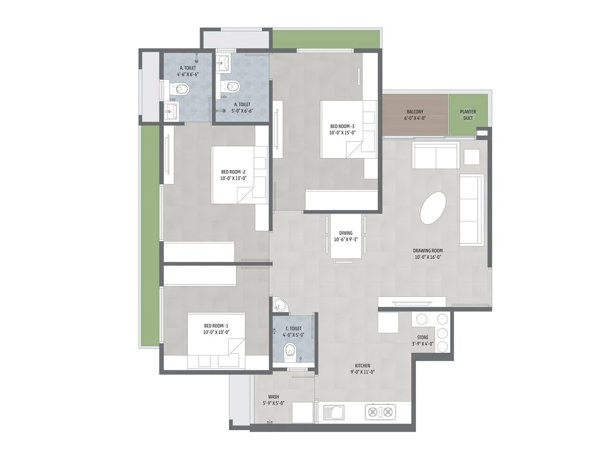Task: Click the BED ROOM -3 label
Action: point(342,126)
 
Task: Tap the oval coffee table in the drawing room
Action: point(433,208)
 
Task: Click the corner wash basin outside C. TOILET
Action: point(280,304)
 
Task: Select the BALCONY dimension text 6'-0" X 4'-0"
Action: point(415,118)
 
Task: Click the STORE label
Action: point(423,337)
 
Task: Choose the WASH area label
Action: point(273,397)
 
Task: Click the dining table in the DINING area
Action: point(346,237)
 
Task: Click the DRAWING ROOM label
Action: point(428,251)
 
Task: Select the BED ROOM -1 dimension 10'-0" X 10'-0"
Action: point(216,332)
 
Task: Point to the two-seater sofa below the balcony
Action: point(436,155)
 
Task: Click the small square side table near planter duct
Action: point(472,157)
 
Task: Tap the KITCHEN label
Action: point(362,366)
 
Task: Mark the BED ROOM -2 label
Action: point(233,172)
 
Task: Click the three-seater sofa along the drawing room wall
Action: point(472,210)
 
